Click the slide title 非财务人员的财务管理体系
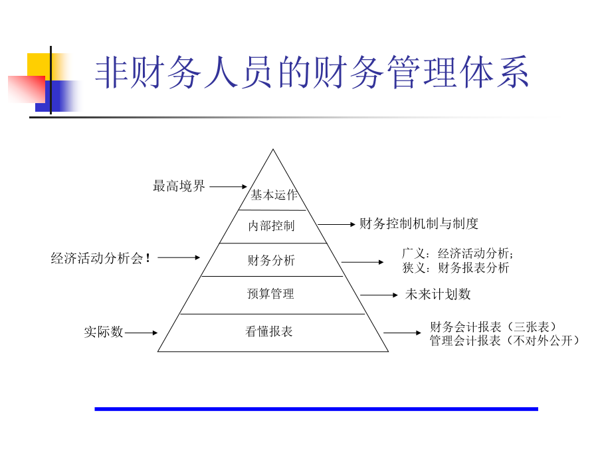[x=312, y=72]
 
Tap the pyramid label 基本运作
[x=274, y=195]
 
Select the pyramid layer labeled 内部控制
[x=271, y=225]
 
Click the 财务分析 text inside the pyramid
[x=271, y=260]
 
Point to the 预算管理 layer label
[x=271, y=293]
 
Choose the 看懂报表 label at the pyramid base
[x=269, y=331]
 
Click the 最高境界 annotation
[x=179, y=186]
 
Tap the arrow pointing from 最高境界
[x=229, y=187]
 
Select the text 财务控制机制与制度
[x=419, y=224]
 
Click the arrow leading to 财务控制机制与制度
[x=336, y=225]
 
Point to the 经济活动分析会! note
[x=100, y=258]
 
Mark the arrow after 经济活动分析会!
[x=179, y=257]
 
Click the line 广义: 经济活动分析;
[x=458, y=253]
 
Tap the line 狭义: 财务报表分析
[x=456, y=267]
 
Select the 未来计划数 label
[x=438, y=294]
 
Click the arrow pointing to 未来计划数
[x=379, y=295]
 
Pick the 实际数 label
[x=104, y=332]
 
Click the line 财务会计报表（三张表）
[x=493, y=327]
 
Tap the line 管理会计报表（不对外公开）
[x=504, y=341]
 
